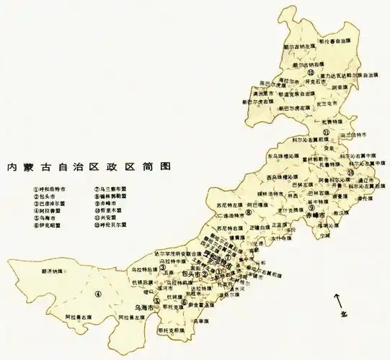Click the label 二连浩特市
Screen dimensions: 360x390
[229, 215]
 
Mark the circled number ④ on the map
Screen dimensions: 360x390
[98, 293]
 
